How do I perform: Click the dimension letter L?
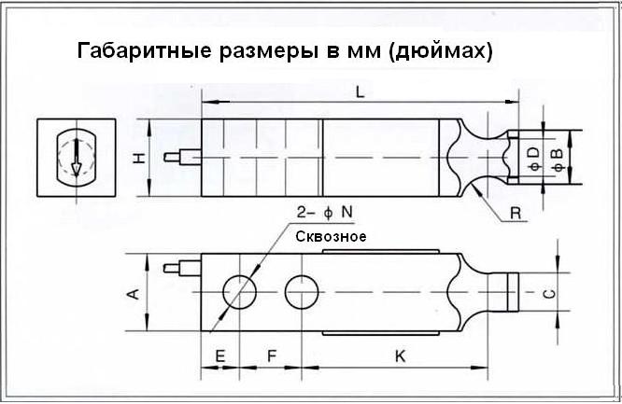coord(360,91)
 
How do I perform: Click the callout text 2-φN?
coord(318,213)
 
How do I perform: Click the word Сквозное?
coord(330,237)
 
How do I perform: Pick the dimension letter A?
coord(134,294)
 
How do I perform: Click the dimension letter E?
coord(219,356)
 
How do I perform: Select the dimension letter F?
coord(271,356)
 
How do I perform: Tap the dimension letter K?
coord(399,356)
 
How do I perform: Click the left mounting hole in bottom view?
coord(241,291)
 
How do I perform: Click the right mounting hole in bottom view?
coord(302,290)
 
